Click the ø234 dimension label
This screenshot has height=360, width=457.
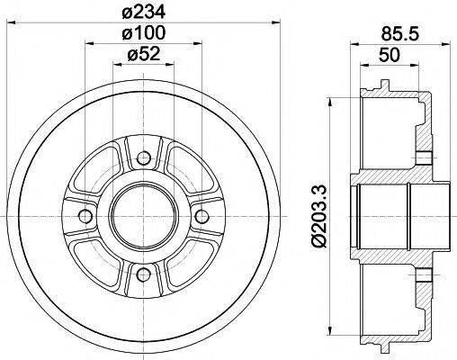(x=144, y=13)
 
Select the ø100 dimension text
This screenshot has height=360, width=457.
(x=144, y=32)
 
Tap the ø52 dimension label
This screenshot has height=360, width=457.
(x=144, y=54)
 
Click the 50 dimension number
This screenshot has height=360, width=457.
(x=390, y=55)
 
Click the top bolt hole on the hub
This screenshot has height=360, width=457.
(x=144, y=158)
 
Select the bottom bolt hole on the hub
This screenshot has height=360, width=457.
(x=144, y=274)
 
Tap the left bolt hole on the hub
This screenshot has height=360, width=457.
(x=85, y=216)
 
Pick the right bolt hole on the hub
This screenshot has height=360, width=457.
(x=202, y=216)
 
